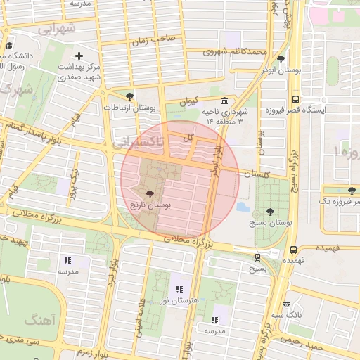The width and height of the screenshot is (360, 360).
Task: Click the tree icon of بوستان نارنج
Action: pos(149,193)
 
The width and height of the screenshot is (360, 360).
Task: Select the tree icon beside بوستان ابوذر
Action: pos(281,60)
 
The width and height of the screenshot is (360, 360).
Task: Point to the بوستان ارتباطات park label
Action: pos(129,108)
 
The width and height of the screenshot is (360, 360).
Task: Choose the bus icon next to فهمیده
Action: pos(293,249)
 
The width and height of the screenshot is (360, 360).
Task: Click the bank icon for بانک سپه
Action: pos(286,304)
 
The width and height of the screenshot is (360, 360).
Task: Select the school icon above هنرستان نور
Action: pos(179,288)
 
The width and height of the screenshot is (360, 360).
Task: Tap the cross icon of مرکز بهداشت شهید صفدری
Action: pos(79,56)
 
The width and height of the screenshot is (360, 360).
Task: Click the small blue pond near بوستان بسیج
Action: pos(243,207)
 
